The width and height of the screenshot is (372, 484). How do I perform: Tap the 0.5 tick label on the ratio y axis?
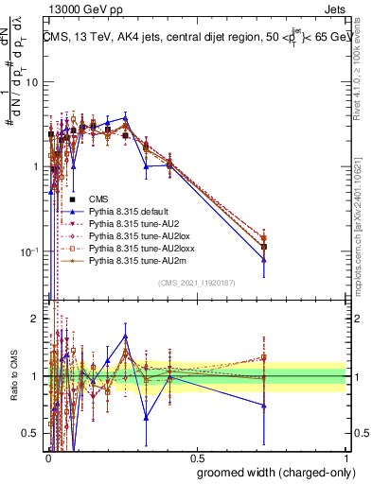(x=31, y=434)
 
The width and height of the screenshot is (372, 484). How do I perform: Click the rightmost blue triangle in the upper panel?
(x=264, y=260)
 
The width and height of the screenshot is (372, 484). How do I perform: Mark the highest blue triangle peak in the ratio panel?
(x=125, y=337)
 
